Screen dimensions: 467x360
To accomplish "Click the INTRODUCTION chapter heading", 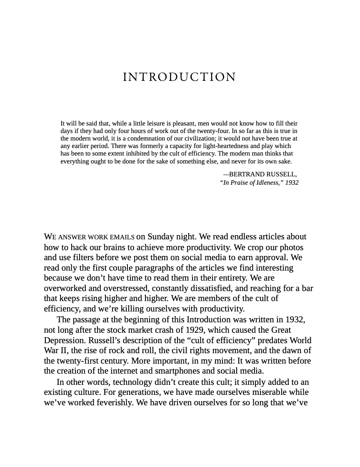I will click(180, 77).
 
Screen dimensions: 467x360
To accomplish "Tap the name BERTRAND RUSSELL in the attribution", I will click(263, 174).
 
